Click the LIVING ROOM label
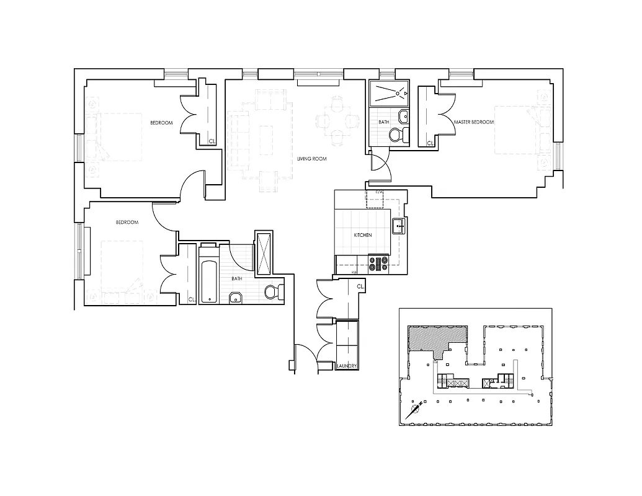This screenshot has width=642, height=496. tap(311, 159)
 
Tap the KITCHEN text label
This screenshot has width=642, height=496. tap(362, 236)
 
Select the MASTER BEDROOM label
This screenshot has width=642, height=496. tap(473, 122)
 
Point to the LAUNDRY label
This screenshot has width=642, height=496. tap(346, 366)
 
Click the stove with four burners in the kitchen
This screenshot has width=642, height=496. tap(378, 264)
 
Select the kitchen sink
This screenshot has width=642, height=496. tap(399, 226)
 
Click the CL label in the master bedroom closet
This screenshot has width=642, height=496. tap(430, 143)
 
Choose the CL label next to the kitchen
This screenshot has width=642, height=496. tap(360, 286)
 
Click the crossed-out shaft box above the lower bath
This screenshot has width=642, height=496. tap(263, 253)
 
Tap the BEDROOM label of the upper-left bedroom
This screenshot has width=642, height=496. tap(161, 123)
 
